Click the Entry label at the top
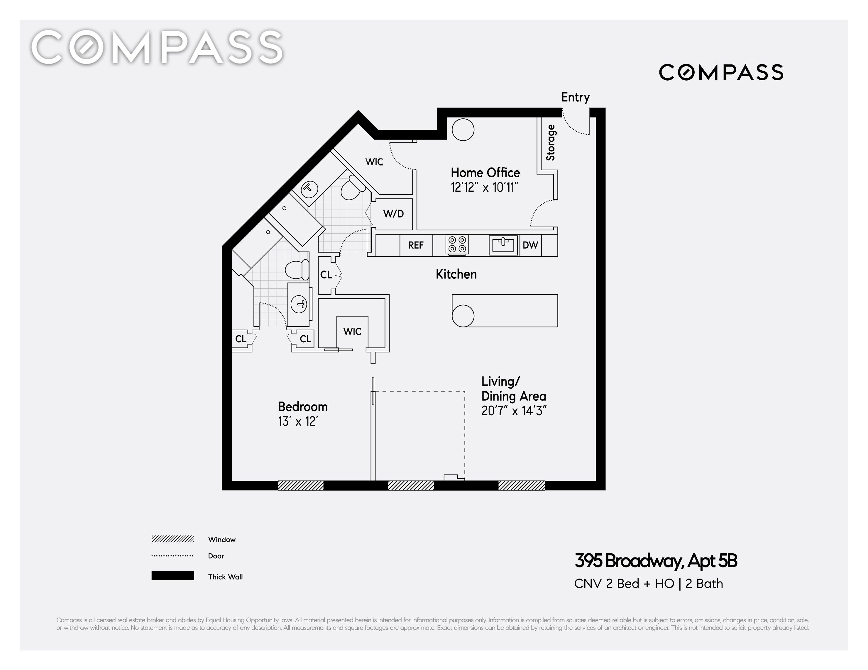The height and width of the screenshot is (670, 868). click(x=575, y=98)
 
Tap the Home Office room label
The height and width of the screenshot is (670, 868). click(x=485, y=173)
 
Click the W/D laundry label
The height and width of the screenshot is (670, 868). click(x=393, y=214)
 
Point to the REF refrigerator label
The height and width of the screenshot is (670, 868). click(x=416, y=245)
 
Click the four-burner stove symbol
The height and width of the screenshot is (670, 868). click(x=457, y=244)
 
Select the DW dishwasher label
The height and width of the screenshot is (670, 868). click(x=530, y=245)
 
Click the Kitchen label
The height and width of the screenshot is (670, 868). click(x=456, y=274)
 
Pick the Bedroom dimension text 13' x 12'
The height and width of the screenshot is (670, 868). click(x=298, y=421)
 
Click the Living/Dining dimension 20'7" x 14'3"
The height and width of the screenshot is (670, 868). click(x=514, y=411)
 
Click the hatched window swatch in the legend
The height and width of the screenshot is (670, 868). click(x=172, y=539)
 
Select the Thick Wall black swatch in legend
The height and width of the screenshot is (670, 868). click(x=172, y=575)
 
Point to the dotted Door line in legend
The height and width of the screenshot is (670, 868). click(x=172, y=556)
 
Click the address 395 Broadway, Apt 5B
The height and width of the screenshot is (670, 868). click(x=656, y=561)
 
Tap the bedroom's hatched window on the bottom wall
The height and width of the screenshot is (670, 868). click(x=301, y=485)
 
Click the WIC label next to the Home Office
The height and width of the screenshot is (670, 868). click(x=374, y=162)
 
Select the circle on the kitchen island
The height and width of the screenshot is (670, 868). click(x=463, y=316)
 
